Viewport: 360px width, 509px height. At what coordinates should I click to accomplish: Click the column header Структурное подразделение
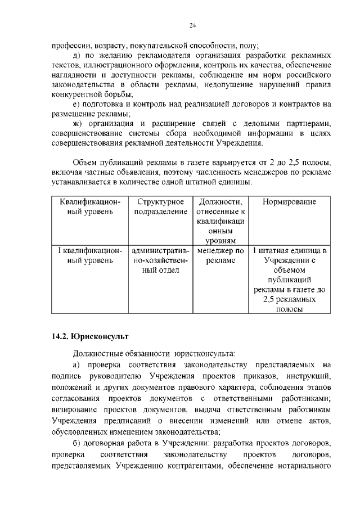[x=160, y=206]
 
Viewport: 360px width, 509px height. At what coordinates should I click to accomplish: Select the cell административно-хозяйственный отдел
[x=160, y=260]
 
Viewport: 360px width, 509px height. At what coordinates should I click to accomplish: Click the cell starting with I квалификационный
[x=90, y=256]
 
